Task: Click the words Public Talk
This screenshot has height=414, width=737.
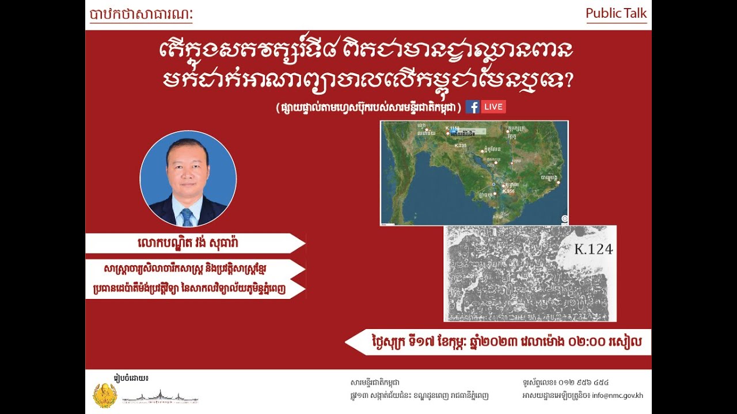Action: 616,13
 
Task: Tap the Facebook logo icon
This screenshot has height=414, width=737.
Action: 472,106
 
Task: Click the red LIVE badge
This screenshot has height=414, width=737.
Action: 493,106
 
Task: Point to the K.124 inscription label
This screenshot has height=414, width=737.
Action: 594,249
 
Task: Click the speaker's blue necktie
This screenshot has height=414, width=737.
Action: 187,217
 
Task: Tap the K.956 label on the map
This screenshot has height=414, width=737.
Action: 508,191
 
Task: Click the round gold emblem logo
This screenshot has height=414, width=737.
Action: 105,395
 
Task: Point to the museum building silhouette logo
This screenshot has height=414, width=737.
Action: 160,397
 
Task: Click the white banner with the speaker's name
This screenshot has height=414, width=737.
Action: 196,243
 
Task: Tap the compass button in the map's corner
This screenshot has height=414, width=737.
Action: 564,218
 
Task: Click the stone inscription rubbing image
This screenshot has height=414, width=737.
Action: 530,274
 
